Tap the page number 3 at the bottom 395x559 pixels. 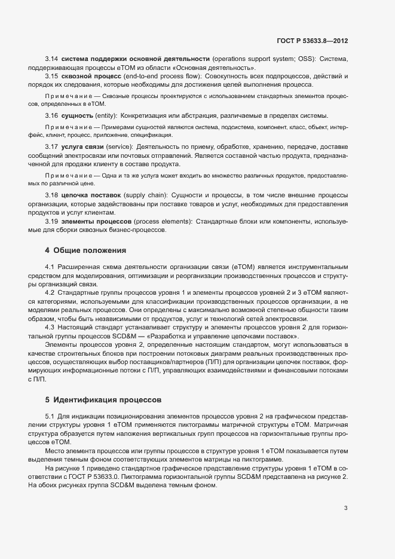pyautogui.click(x=345, y=509)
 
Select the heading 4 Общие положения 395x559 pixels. pyautogui.click(x=85, y=249)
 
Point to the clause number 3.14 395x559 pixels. pyautogui.click(x=51, y=59)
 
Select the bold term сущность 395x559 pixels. pyautogui.click(x=77, y=115)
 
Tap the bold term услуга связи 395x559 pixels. pyautogui.click(x=83, y=146)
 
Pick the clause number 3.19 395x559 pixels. pyautogui.click(x=51, y=221)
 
